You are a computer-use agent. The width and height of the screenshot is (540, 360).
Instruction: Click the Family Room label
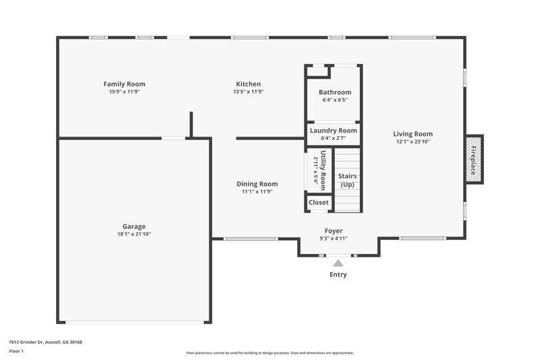click(x=124, y=84)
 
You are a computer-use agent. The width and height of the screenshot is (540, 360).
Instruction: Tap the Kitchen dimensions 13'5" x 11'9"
click(x=248, y=92)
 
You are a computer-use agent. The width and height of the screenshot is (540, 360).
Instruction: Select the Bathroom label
click(x=335, y=93)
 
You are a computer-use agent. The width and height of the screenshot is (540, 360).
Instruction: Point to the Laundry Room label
click(x=333, y=130)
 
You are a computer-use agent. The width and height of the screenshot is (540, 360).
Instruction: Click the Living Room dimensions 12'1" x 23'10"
click(x=413, y=142)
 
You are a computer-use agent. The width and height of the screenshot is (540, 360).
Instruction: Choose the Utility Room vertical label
click(x=323, y=170)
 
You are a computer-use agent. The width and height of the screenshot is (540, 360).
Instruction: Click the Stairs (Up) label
click(x=348, y=180)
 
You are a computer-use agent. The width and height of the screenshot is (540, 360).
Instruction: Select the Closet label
click(x=319, y=203)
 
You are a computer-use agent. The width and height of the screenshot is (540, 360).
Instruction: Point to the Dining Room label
click(x=256, y=184)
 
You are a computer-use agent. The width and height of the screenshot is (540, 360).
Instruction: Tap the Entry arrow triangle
click(x=338, y=263)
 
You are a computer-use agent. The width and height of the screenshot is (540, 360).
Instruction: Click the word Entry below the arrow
click(x=338, y=275)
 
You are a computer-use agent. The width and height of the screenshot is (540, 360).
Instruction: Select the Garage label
click(x=134, y=226)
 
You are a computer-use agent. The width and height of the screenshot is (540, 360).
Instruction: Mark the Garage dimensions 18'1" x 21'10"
click(x=134, y=234)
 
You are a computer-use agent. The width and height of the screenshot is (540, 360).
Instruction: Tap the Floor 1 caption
click(x=17, y=351)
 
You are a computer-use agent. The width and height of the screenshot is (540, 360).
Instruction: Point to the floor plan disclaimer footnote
click(x=269, y=353)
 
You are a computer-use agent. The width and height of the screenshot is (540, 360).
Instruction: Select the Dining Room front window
click(x=250, y=238)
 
